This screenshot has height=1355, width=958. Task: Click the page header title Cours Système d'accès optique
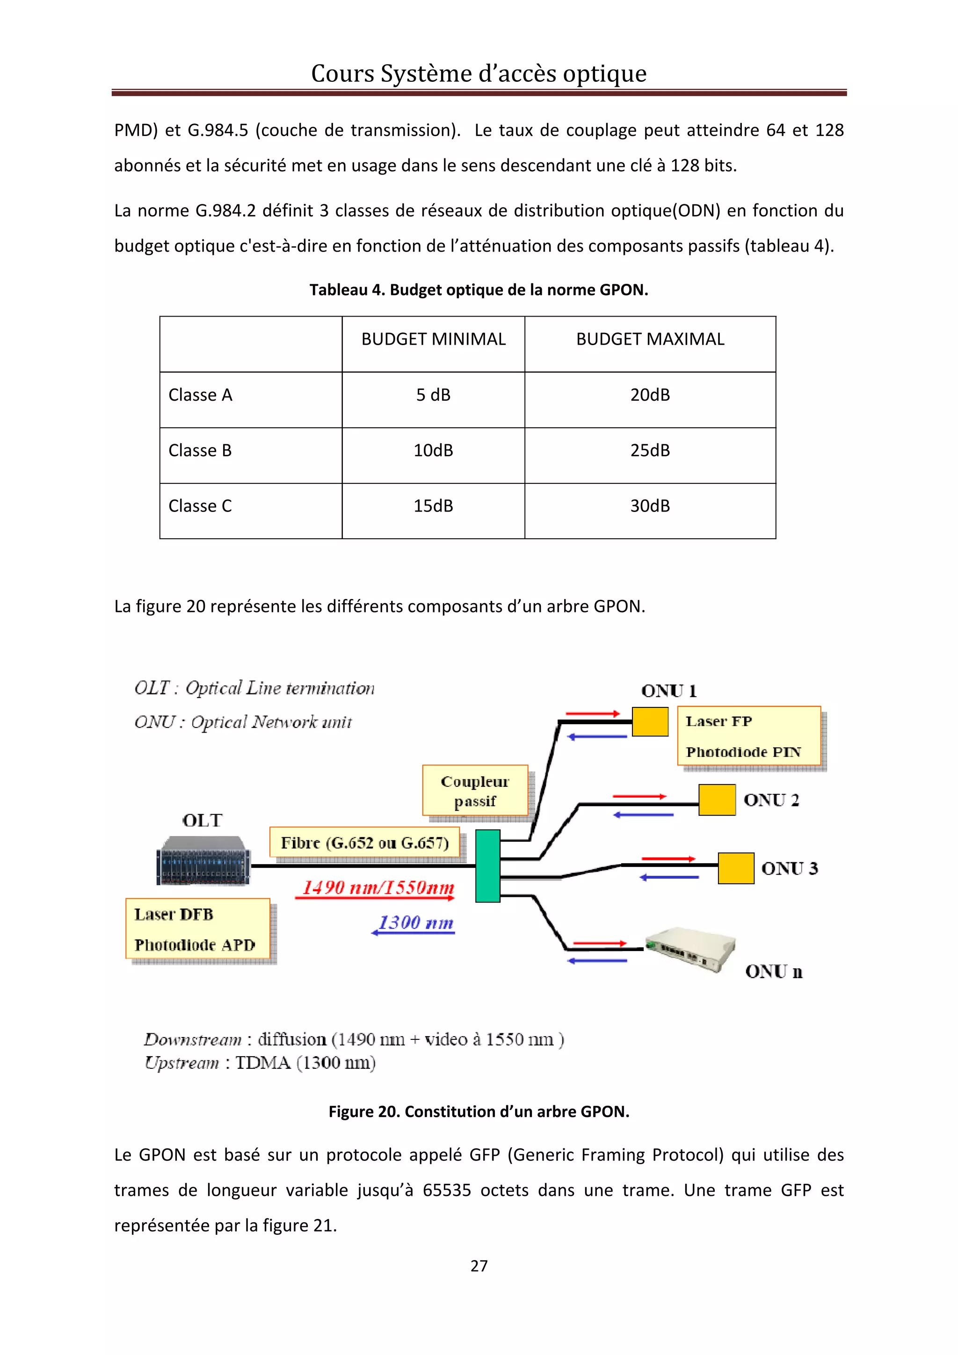(479, 74)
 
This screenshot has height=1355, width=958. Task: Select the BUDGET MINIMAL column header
(433, 339)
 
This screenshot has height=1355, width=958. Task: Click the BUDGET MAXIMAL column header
(650, 339)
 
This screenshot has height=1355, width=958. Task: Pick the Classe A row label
(201, 395)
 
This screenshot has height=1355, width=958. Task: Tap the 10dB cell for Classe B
(433, 450)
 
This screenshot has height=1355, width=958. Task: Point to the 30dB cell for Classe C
(650, 506)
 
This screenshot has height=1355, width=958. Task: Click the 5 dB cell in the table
(433, 395)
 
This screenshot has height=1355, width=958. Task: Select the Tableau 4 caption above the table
(479, 290)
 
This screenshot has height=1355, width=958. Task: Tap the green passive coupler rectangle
(487, 866)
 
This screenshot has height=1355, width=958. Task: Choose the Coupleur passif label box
(475, 791)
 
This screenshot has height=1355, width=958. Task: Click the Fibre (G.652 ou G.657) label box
(365, 842)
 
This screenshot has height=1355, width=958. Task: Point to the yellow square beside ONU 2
(717, 800)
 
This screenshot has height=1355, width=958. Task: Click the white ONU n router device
(690, 951)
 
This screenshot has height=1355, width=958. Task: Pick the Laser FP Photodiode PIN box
(749, 736)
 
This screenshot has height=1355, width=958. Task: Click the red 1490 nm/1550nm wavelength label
(378, 887)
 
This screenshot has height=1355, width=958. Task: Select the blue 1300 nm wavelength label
(415, 923)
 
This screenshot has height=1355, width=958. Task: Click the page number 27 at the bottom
(479, 1265)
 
